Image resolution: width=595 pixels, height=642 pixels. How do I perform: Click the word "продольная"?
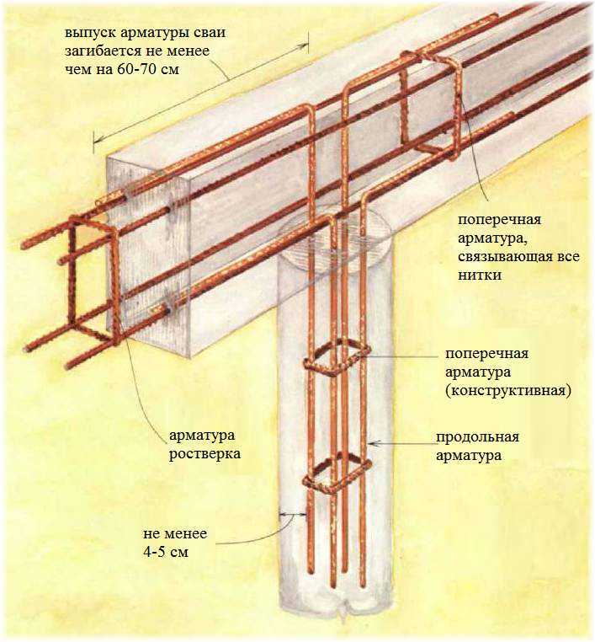coord(477,437)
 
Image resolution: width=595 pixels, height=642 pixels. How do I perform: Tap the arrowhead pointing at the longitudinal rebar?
coord(375,442)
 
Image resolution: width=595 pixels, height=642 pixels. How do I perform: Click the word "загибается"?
coord(102,51)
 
